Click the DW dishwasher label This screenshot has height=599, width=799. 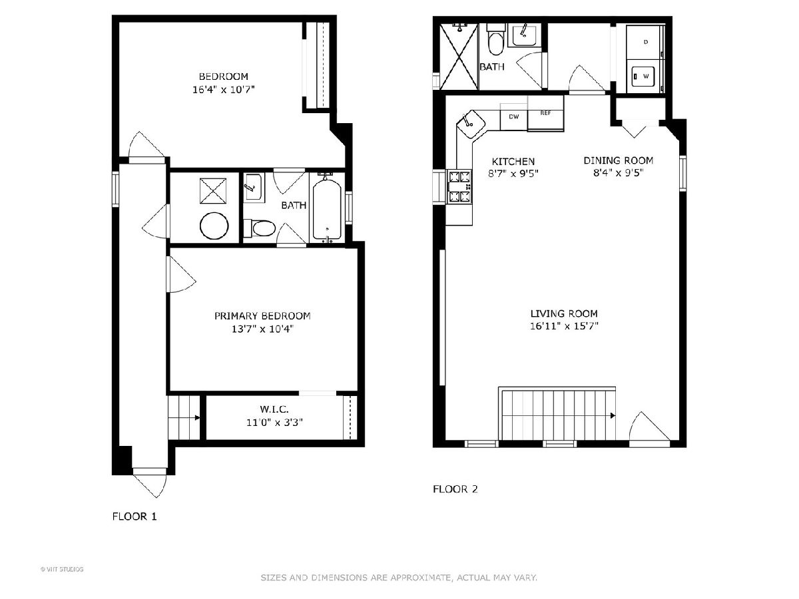(x=513, y=116)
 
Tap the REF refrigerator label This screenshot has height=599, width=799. (x=545, y=112)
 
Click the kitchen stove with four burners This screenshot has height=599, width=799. (x=459, y=187)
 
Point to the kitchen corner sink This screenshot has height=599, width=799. (x=470, y=124)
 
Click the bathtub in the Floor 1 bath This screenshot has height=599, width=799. (x=327, y=210)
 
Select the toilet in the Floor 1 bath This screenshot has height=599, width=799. (x=259, y=228)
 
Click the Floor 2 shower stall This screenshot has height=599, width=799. (x=459, y=57)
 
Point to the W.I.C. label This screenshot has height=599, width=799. (x=274, y=409)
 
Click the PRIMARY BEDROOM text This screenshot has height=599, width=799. (x=262, y=315)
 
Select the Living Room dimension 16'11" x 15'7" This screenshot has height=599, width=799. (x=564, y=326)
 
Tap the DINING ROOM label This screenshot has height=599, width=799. (x=619, y=160)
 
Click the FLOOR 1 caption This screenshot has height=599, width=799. (x=134, y=516)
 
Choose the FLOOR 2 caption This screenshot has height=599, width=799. (x=455, y=489)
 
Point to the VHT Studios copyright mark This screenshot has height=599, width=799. (x=62, y=569)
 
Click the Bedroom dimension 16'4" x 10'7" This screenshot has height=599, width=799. (x=223, y=89)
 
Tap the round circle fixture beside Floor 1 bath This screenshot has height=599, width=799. (x=214, y=226)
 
